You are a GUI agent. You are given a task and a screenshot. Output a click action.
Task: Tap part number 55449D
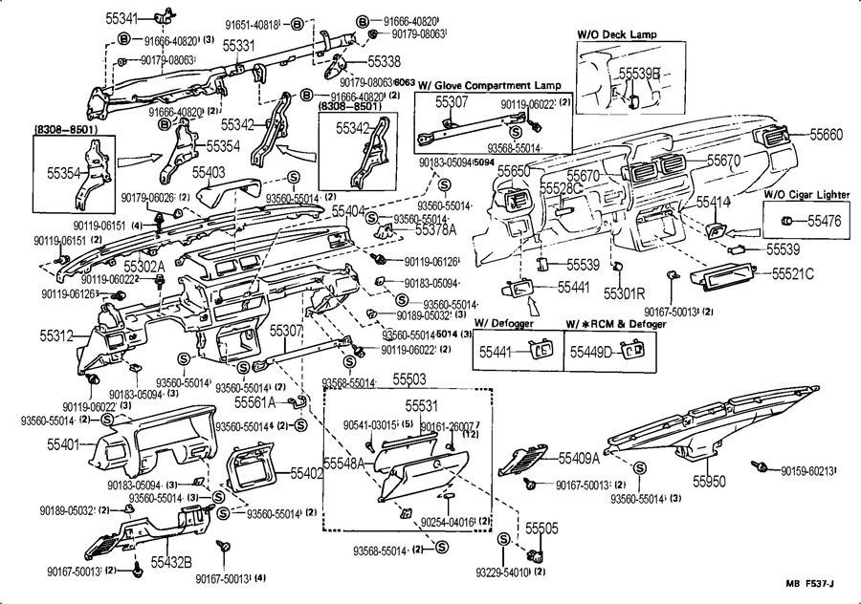(591, 352)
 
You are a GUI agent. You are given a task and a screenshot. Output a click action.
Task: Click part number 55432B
(171, 561)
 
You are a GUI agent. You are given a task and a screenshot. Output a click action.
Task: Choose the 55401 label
(67, 444)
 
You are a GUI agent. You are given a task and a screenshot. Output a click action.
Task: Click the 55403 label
(209, 172)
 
